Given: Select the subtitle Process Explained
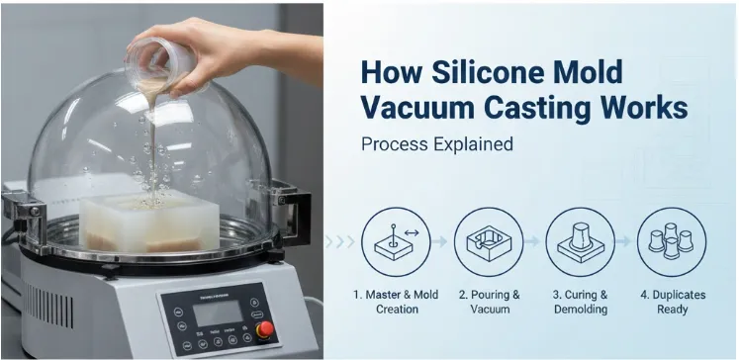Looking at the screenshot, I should [x=437, y=143].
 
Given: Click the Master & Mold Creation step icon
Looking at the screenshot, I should [x=396, y=242].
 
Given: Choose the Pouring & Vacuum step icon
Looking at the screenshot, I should [x=488, y=242].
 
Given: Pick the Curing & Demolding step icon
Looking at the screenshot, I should [x=580, y=242].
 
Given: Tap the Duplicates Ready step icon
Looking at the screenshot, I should [x=671, y=242].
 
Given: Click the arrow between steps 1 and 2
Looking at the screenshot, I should [x=441, y=242].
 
